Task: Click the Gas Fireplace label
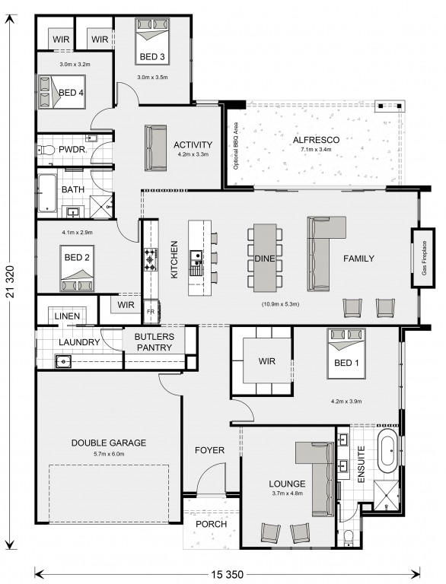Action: click(424, 258)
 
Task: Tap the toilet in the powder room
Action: click(45, 151)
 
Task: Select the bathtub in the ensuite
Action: click(387, 451)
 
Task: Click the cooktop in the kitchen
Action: click(150, 259)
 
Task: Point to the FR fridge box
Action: click(151, 311)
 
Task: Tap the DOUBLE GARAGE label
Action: click(109, 443)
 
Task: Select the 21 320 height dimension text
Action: click(11, 282)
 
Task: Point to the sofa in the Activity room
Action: click(155, 148)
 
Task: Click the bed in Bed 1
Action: click(346, 354)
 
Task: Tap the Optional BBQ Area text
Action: click(236, 146)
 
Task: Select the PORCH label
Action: click(211, 524)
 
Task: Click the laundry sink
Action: click(63, 361)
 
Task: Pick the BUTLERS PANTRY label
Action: click(154, 342)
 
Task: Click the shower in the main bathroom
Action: click(101, 206)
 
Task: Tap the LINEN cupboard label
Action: click(67, 316)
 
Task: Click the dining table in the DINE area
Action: click(265, 258)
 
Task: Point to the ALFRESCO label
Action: click(316, 140)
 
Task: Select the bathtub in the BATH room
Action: click(47, 193)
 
